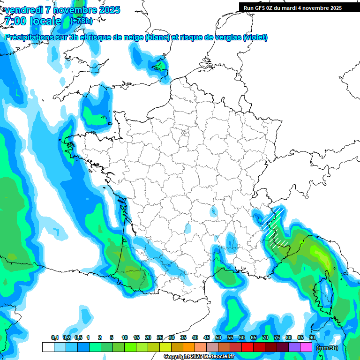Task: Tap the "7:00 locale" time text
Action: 33,21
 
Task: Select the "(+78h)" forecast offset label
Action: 81,21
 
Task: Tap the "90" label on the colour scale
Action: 312,338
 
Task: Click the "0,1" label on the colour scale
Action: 54,338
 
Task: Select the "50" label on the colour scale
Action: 218,338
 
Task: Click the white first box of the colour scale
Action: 48,347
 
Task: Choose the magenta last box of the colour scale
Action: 306,347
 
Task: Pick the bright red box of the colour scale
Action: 247,347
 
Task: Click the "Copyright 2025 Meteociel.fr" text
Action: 199,356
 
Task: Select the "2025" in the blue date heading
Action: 105,10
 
